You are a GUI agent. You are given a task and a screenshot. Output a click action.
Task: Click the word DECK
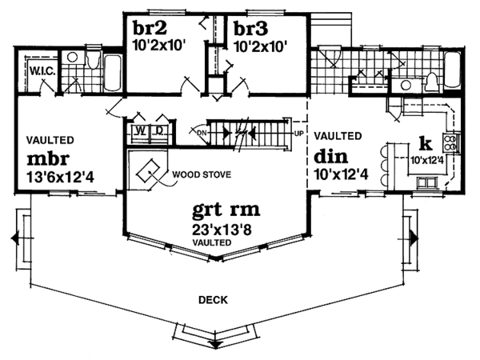tap(214, 300)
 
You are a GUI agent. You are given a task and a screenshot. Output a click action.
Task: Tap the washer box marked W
tap(139, 130)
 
